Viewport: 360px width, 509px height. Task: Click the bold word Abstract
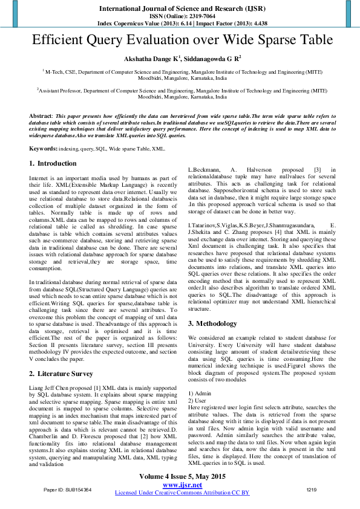[x=41, y=115]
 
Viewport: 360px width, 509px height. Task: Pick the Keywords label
[x=44, y=148]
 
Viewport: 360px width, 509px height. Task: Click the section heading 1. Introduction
[x=53, y=163]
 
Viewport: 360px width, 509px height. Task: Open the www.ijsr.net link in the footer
[x=182, y=485]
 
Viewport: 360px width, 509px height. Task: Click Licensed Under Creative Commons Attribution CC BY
[x=182, y=493]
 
